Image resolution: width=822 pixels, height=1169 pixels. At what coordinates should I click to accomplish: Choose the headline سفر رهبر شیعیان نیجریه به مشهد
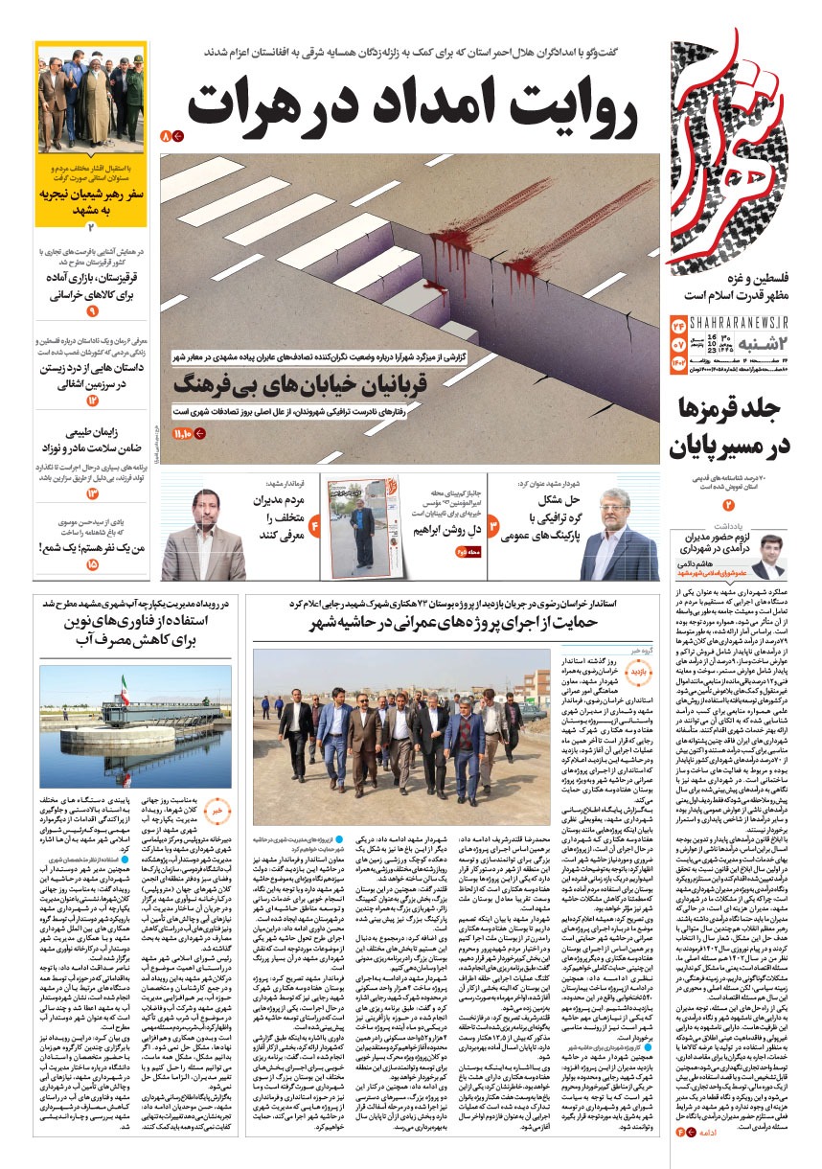(x=92, y=199)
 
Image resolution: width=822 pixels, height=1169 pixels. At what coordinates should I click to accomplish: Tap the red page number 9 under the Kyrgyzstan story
(x=92, y=311)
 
